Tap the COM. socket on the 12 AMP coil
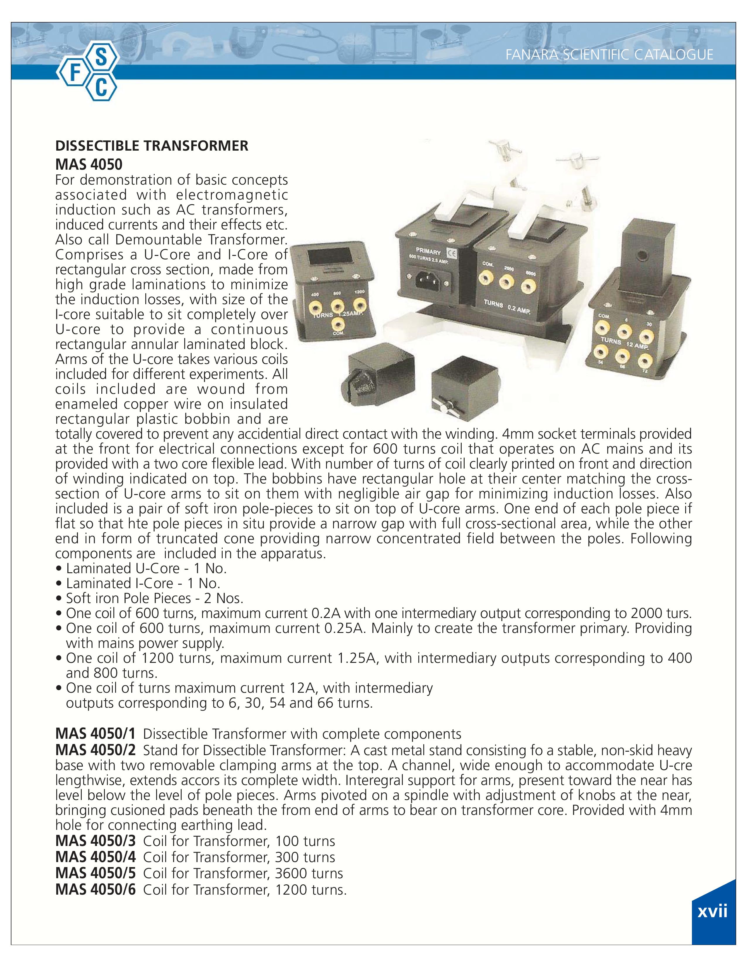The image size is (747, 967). point(603,328)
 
